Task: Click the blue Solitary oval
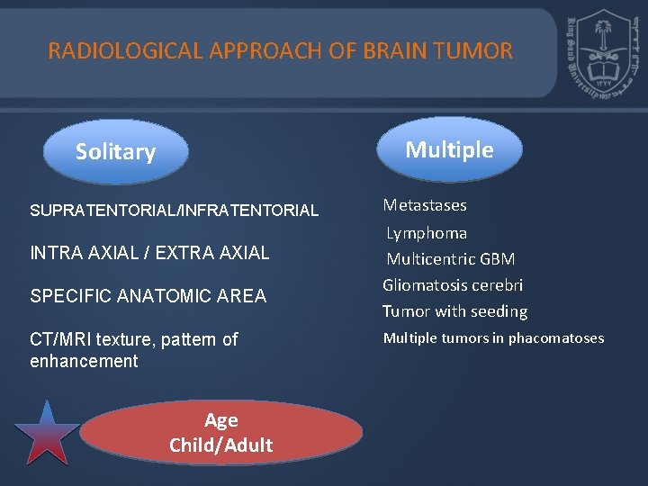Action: click(x=115, y=152)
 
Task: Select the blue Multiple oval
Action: click(x=449, y=149)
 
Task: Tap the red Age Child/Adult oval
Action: click(x=220, y=433)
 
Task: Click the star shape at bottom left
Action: click(x=47, y=434)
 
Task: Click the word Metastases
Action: click(x=425, y=205)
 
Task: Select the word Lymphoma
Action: click(x=427, y=233)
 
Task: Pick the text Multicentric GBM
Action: click(x=451, y=259)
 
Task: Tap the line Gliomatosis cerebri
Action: click(x=453, y=285)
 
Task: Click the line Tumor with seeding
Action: click(x=454, y=311)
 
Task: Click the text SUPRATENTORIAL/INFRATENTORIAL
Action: click(x=174, y=211)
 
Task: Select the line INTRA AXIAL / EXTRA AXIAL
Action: click(x=149, y=253)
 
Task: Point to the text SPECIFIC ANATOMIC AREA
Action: click(x=148, y=296)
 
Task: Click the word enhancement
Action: click(x=84, y=362)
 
